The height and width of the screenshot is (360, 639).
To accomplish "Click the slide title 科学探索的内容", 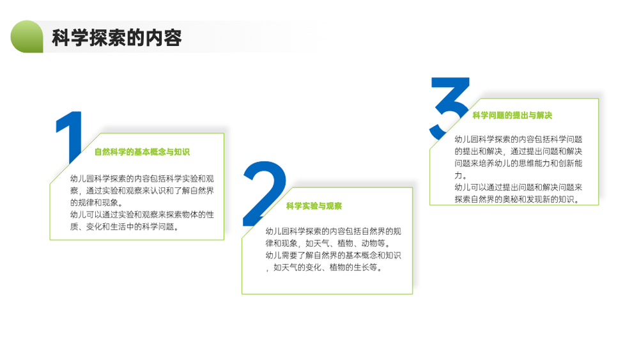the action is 116,38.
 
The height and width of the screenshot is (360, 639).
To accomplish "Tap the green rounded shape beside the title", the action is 27,36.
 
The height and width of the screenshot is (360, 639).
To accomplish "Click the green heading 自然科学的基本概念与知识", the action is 142,152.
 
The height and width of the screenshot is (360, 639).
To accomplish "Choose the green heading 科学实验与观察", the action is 314,206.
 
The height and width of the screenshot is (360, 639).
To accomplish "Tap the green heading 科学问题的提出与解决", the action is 512,115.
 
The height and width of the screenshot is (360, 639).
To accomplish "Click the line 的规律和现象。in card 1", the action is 96,203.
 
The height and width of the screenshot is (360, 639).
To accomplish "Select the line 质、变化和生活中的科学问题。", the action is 125,227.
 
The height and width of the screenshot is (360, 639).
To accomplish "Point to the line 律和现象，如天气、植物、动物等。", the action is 328,244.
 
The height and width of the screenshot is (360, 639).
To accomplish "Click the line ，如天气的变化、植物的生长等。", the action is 324,267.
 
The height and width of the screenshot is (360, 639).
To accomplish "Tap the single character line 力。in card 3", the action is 461,175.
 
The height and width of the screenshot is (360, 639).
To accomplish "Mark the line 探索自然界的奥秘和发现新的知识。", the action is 517,200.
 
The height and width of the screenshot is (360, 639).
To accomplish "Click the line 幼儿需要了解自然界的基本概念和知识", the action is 334,255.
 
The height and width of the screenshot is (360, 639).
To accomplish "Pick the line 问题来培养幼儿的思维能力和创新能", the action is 518,164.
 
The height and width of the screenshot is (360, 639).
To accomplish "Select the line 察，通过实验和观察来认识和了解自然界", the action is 142,191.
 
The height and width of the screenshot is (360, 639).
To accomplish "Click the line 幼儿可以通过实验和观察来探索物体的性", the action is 142,215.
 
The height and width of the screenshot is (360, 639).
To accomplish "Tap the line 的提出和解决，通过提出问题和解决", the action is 518,152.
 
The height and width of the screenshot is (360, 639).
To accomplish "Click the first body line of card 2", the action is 334,231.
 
